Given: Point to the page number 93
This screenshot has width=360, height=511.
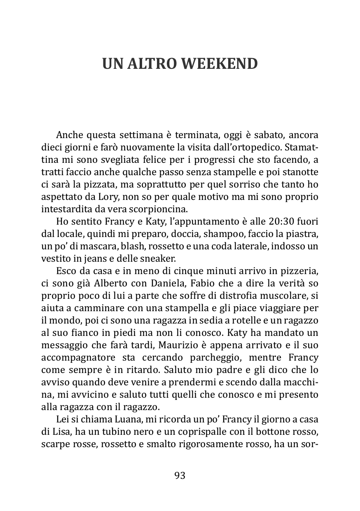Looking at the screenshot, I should click(x=180, y=476).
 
